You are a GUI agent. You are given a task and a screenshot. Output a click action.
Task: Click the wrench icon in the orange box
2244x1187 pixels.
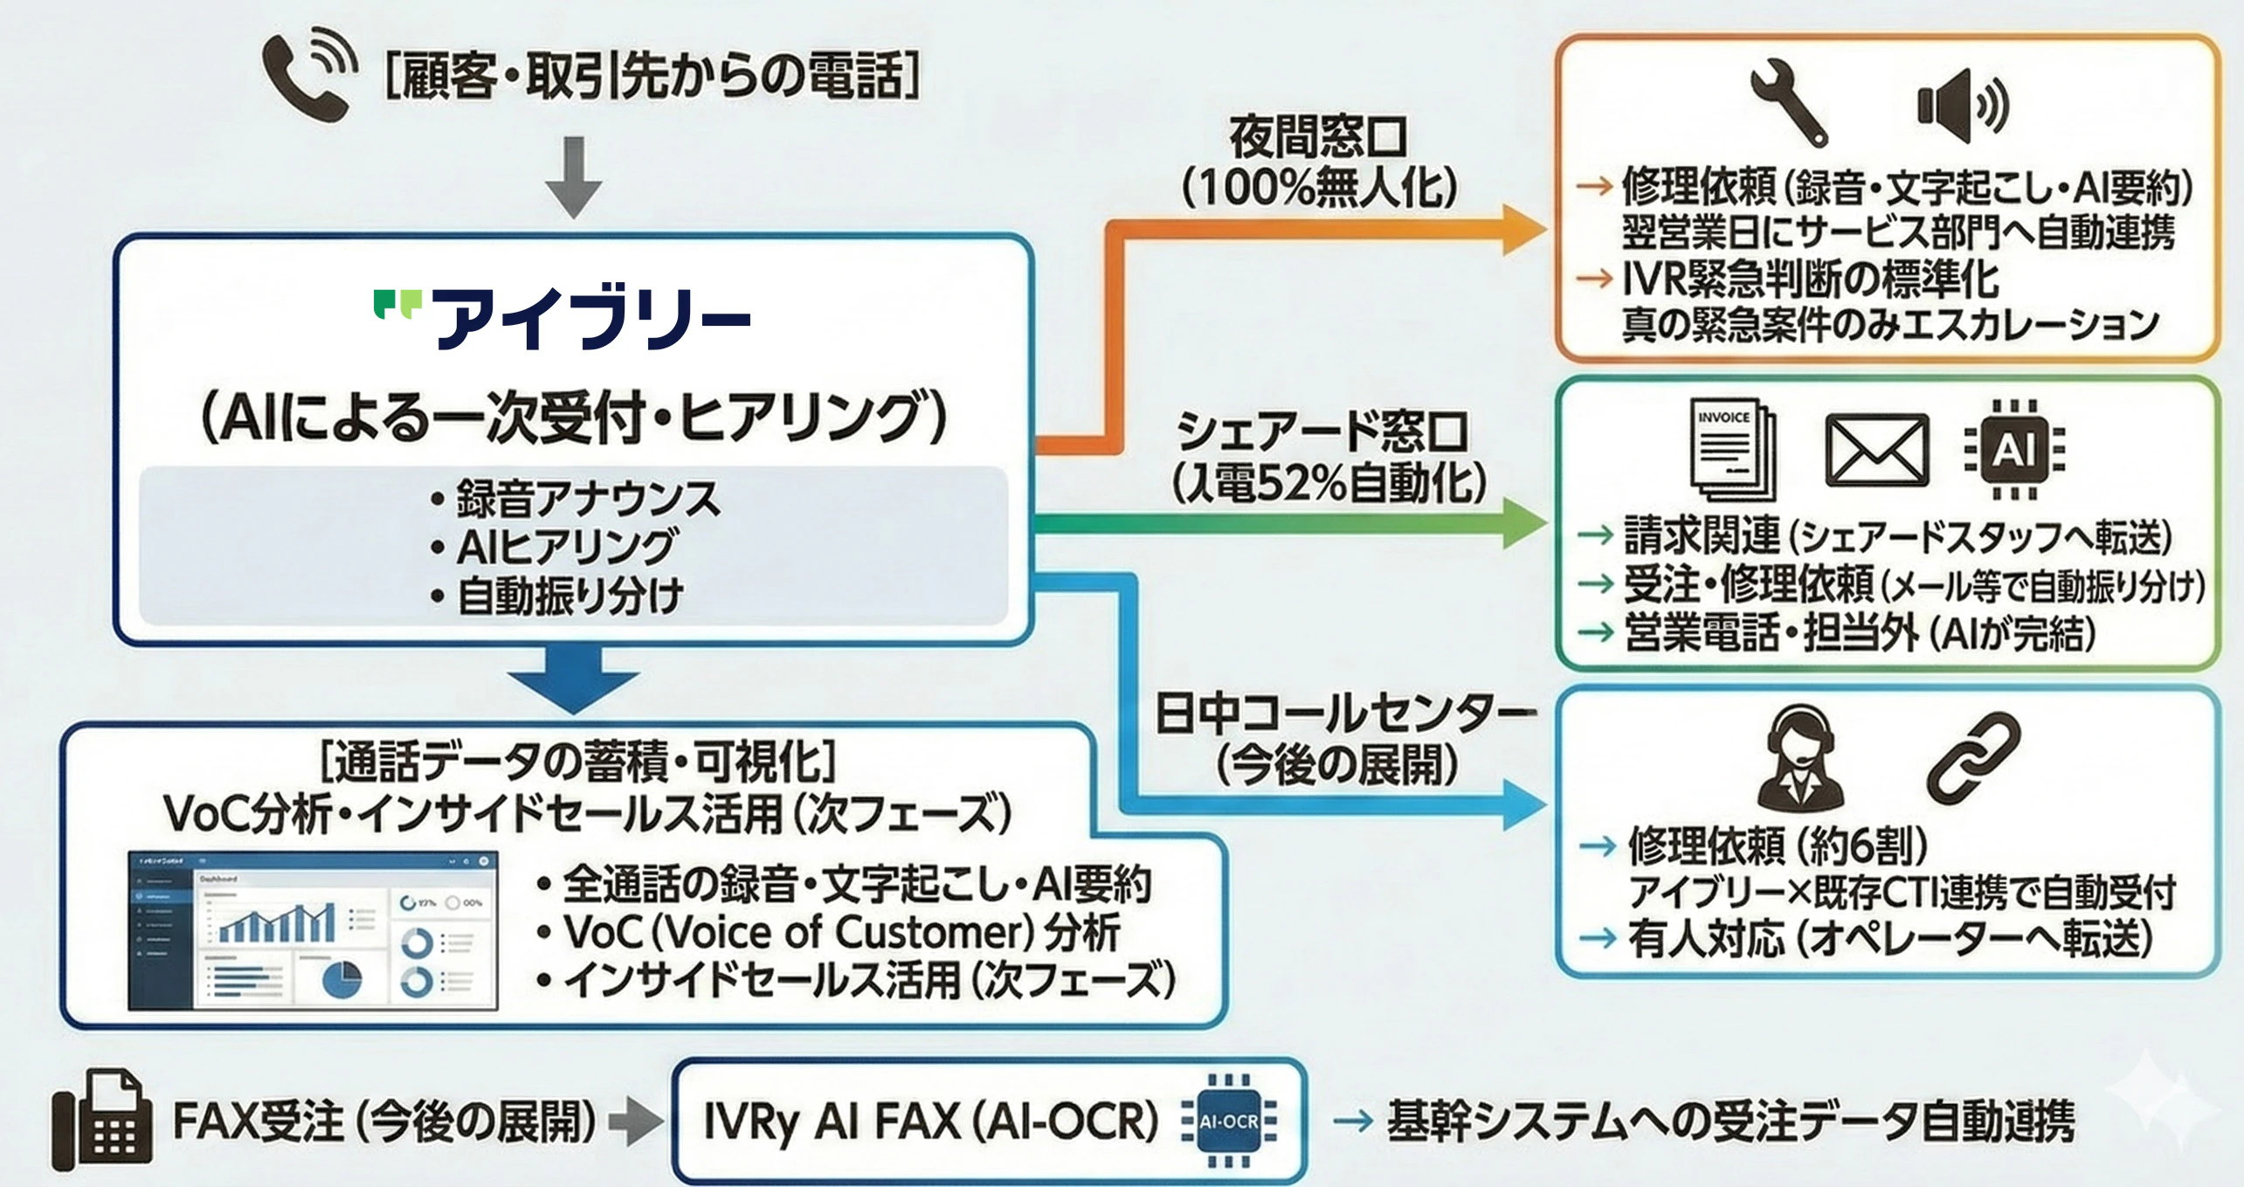[1790, 101]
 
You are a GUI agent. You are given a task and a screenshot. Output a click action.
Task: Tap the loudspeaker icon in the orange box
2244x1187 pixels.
[1962, 105]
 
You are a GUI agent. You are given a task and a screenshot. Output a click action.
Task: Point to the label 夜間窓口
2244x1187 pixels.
[1318, 137]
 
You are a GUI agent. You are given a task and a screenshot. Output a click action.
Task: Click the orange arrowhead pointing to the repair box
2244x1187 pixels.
[1524, 230]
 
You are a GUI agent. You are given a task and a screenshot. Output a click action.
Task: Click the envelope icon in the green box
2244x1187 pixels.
[1876, 451]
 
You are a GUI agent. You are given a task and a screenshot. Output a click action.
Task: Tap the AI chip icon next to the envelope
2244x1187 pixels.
[2014, 450]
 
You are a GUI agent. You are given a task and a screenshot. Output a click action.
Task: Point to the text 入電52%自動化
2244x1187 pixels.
[1329, 481]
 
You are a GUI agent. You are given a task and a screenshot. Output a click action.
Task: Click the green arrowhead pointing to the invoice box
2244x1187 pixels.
[1524, 524]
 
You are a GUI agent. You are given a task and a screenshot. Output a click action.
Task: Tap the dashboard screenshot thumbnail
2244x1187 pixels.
[313, 931]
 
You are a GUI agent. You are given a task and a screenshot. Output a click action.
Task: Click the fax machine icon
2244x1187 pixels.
[100, 1121]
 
